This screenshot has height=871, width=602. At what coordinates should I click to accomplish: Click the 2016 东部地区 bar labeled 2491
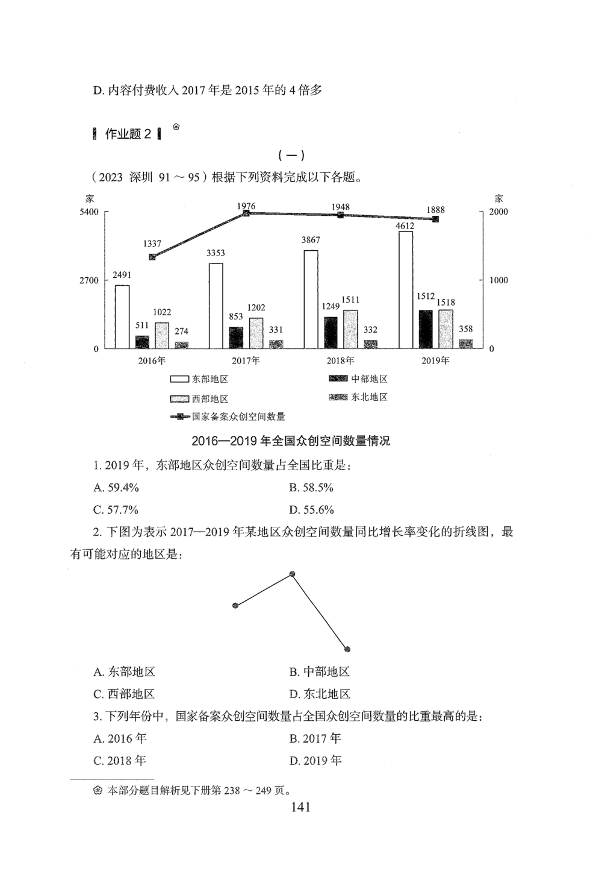click(122, 316)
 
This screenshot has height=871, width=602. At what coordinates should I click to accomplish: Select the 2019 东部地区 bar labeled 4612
click(406, 289)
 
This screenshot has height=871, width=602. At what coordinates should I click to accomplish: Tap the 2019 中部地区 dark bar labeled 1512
click(426, 329)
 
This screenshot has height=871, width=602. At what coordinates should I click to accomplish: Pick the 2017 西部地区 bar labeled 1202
click(256, 333)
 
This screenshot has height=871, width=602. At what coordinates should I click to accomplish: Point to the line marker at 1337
click(152, 257)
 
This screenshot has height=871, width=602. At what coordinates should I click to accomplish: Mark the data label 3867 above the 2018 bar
click(311, 240)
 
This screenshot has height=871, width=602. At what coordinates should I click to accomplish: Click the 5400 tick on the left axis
click(88, 212)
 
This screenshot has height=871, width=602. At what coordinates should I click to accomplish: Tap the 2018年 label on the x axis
click(340, 360)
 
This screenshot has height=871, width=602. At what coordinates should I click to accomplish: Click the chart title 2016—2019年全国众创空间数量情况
click(291, 441)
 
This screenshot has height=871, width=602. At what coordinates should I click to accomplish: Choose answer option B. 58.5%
click(311, 488)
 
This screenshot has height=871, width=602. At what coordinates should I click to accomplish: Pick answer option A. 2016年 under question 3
click(120, 738)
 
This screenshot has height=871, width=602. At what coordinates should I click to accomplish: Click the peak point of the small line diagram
click(292, 574)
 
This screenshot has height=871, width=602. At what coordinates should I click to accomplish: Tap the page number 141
click(300, 807)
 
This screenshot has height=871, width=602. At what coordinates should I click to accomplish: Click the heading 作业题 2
click(128, 134)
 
